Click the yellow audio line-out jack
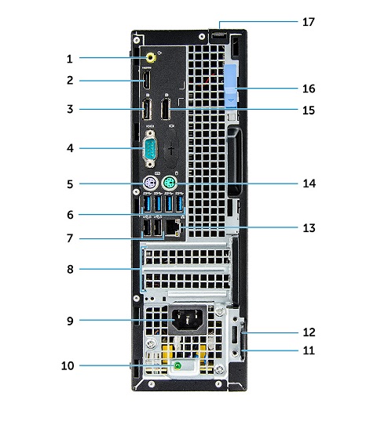point(152,56)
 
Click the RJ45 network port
point(178,229)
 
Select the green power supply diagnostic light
point(178,365)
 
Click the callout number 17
point(308,22)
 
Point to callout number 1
point(70,57)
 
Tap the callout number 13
point(308,228)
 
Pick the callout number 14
point(308,184)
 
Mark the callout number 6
point(70,213)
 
